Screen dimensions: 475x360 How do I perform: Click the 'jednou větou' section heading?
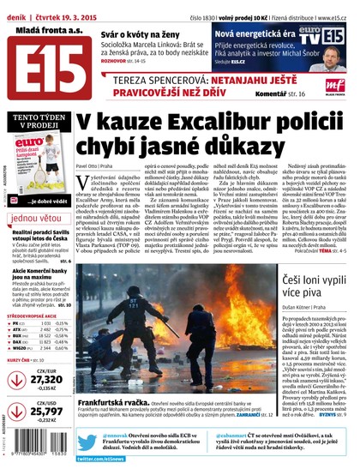[38, 219]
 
